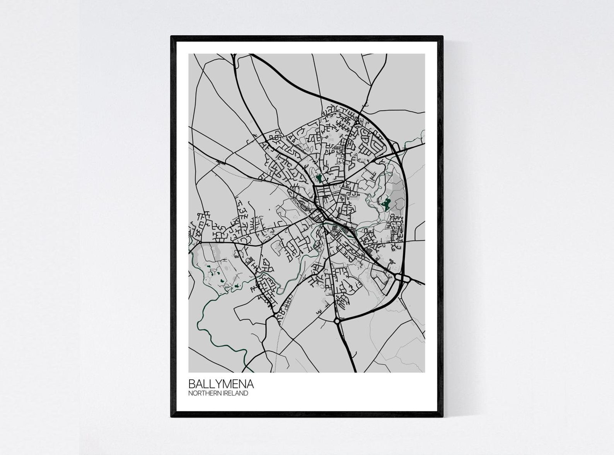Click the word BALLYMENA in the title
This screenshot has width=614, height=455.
point(221,384)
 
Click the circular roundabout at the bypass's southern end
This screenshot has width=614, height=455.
point(337,320)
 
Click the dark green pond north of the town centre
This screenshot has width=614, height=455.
point(319,178)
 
